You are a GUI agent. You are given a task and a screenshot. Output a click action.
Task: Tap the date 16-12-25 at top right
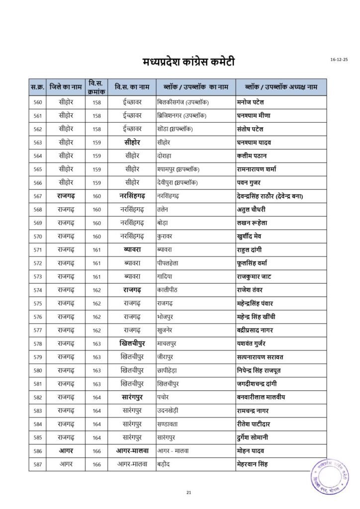point(339,60)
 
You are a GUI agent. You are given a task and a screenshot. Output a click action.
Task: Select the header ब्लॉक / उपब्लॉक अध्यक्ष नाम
point(281,87)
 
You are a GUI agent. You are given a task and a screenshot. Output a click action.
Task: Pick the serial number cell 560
point(37,103)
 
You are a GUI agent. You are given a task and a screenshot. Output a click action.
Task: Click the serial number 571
point(37,250)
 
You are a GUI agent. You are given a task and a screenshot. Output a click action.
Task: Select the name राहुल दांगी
point(252,250)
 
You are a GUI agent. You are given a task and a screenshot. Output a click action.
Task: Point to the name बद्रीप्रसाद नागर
point(262,330)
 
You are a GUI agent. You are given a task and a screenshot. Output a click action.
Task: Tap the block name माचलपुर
point(168,343)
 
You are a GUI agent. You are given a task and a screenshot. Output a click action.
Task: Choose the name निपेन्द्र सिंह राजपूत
point(266,370)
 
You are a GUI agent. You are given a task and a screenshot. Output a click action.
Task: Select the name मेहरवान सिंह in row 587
point(252,464)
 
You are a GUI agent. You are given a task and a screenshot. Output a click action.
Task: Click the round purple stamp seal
point(330,476)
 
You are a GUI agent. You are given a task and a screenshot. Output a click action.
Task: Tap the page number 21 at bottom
point(188,493)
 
